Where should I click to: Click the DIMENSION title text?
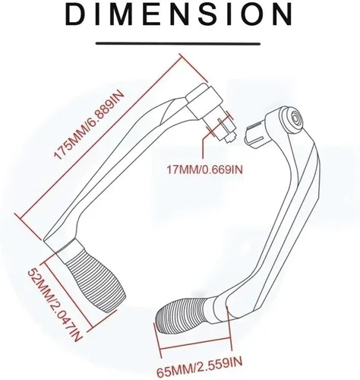coord(178,14)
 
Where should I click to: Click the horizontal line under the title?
coord(178,44)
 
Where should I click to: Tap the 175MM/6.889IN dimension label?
coord(89,125)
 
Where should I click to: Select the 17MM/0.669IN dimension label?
coord(204,169)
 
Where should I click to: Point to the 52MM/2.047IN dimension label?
coord(55,305)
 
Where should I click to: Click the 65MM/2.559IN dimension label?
coord(200,367)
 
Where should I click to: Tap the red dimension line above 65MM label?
coord(195,344)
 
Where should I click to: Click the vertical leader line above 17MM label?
coord(203,147)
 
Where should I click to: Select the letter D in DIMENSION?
coord(75,14)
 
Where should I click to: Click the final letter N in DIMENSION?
coord(283,14)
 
